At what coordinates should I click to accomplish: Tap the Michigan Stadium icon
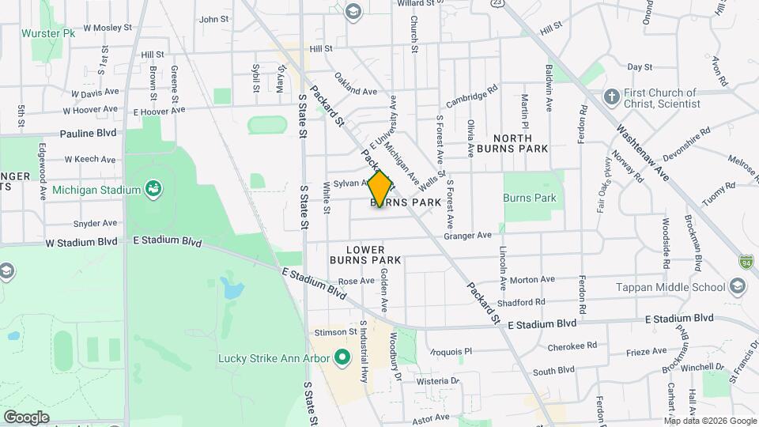pos(152,189)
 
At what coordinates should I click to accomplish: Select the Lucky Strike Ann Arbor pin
pos(342,359)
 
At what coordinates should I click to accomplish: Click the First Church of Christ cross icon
pos(610,98)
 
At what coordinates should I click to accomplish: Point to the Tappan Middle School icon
pos(738,287)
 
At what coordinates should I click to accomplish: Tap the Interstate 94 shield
pos(746,260)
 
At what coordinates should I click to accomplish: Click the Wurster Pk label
pos(47,34)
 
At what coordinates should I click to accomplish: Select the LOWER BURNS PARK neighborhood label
pos(364,255)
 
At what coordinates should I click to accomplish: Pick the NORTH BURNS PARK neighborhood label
pos(520,142)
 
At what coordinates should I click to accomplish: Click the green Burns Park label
pos(530,198)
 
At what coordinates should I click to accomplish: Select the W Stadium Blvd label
pos(82,243)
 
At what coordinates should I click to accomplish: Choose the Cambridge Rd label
pos(474,100)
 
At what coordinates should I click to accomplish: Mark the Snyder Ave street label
pos(95,223)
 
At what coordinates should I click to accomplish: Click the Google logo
pos(26,417)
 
